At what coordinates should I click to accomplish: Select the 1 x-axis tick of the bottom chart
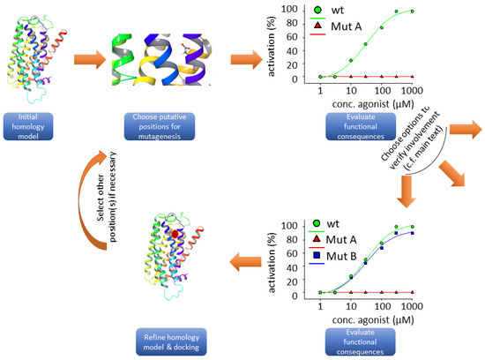320,304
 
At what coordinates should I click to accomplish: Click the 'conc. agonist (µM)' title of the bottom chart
365,318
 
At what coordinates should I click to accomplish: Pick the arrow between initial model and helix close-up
85,60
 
